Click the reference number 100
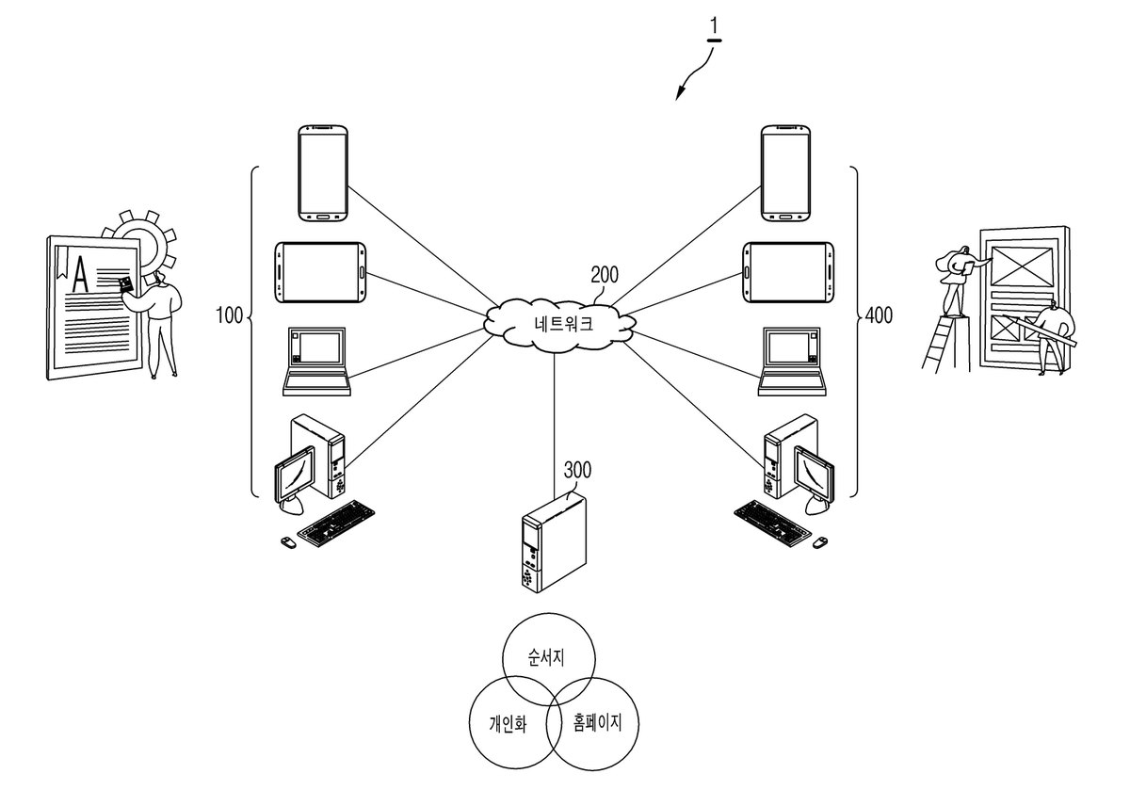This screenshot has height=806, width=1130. pos(229,315)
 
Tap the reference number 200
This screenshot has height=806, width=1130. pos(605,274)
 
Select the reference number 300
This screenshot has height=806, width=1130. pos(577,470)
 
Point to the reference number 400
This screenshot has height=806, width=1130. pos(879,315)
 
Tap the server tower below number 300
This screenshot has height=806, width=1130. pos(554,543)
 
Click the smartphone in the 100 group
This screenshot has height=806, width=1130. pos(323,173)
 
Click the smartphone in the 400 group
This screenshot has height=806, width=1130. pos(786,173)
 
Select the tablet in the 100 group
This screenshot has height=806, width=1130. pos(320,272)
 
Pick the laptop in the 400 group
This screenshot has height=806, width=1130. pos(792,362)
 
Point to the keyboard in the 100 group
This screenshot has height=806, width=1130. pos(336,524)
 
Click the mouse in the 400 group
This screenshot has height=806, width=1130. pos(820,542)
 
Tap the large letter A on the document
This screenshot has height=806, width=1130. pos(80,274)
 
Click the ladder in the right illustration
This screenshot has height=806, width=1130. pos(936,345)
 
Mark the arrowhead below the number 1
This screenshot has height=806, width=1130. pos(681,93)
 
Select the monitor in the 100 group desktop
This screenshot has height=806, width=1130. pos(295,475)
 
